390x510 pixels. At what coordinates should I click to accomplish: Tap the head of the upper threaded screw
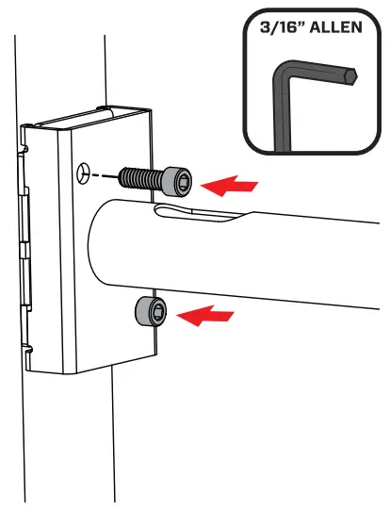click(178, 178)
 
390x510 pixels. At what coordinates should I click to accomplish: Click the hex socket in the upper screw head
click(183, 179)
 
